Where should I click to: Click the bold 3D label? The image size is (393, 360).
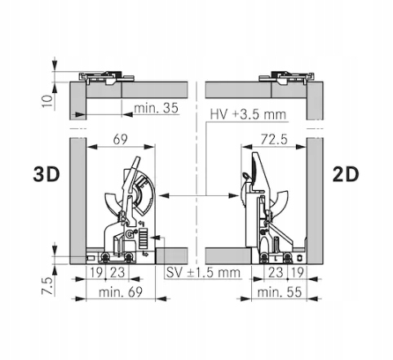[46, 174]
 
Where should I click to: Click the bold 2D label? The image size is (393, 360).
[346, 174]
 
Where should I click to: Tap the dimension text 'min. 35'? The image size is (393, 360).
[157, 108]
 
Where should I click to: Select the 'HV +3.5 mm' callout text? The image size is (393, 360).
[248, 114]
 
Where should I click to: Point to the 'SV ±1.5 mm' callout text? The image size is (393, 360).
[203, 273]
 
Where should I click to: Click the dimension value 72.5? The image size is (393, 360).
[274, 140]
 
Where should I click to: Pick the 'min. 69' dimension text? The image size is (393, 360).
[121, 292]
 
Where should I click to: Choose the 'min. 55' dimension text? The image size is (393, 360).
[280, 292]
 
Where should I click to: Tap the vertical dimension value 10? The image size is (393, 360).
[47, 101]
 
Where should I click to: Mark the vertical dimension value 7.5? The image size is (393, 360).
[47, 286]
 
